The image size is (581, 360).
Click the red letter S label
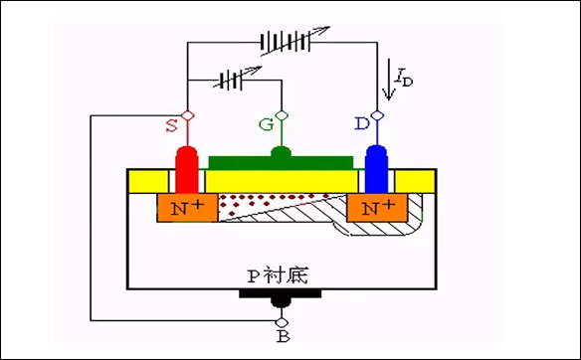[x=171, y=125]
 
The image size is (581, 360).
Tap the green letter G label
[x=266, y=126]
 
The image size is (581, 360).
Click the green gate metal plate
[x=280, y=161]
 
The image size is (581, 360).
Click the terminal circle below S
[x=186, y=117]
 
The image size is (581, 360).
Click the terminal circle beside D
[x=377, y=117]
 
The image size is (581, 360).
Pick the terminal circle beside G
[x=282, y=117]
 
